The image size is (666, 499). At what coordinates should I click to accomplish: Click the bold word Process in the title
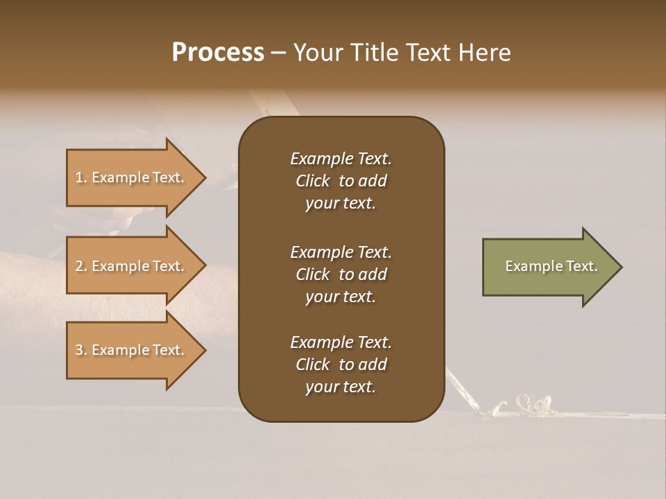click(218, 53)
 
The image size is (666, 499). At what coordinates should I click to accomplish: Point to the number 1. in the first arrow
click(80, 177)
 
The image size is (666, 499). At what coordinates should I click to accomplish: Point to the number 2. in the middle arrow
click(80, 266)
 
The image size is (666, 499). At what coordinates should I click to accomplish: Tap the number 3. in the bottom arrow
click(80, 350)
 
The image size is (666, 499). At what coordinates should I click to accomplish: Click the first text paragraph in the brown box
click(341, 181)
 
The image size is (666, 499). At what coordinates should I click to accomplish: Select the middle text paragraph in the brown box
click(341, 274)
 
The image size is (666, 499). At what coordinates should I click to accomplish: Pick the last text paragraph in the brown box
click(341, 365)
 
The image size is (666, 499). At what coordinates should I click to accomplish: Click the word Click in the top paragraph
click(312, 181)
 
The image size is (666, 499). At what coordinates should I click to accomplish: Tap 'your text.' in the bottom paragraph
click(341, 387)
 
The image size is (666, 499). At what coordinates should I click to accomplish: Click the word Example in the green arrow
click(529, 266)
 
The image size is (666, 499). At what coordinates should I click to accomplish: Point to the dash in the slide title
click(278, 53)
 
